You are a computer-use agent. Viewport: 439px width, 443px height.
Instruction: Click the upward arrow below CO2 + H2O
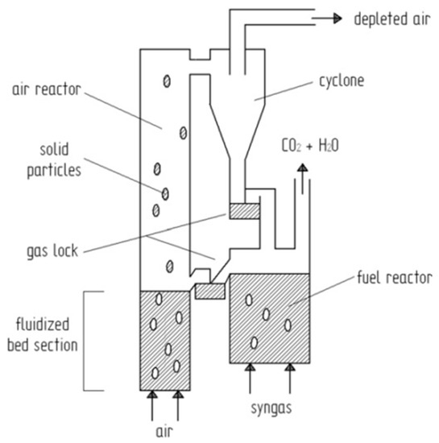click(x=303, y=173)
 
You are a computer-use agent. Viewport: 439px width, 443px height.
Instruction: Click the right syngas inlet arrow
click(x=288, y=374)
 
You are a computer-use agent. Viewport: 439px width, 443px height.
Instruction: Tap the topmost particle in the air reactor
click(x=167, y=81)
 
